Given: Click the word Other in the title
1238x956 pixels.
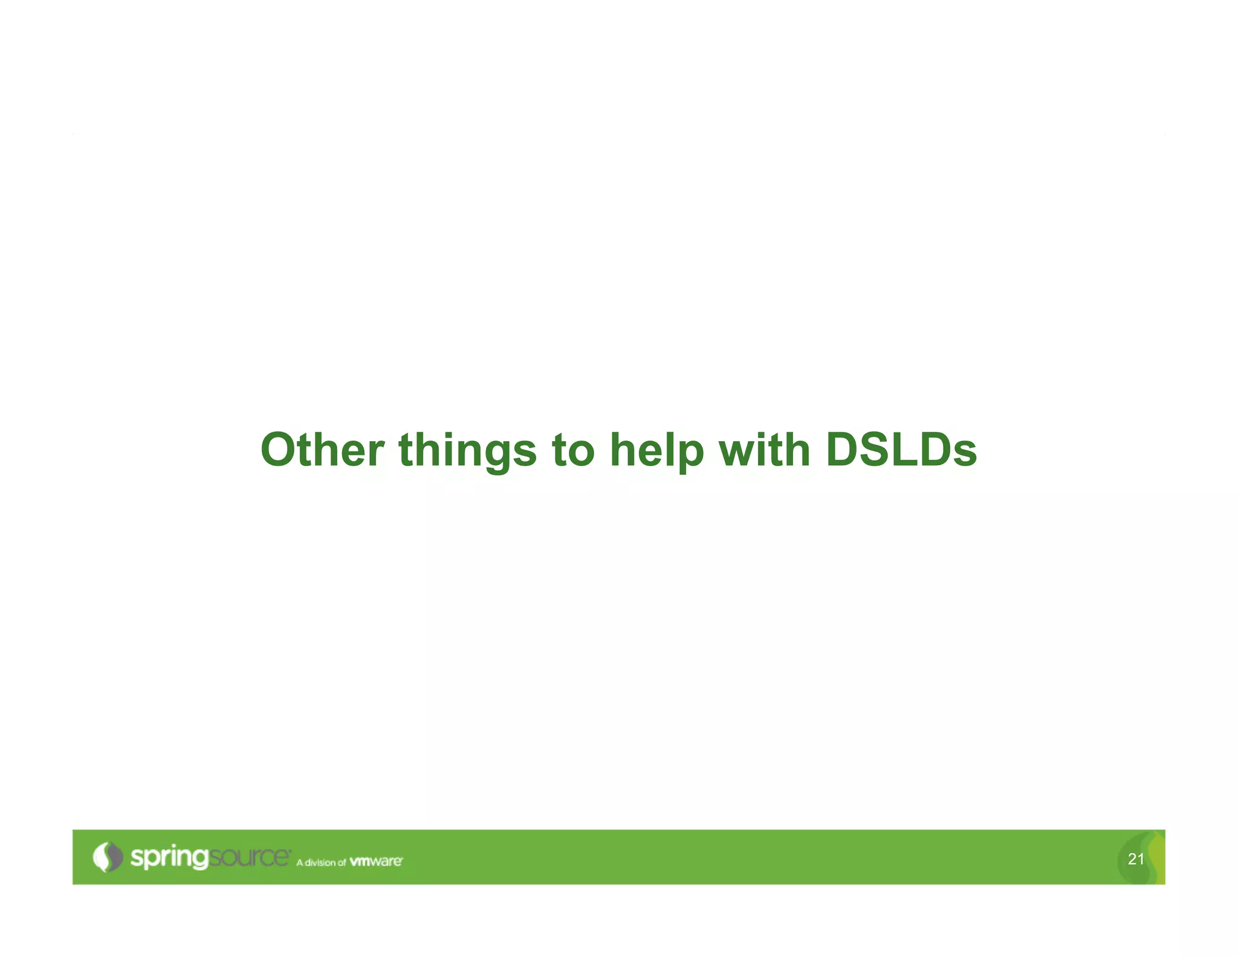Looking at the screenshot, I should pyautogui.click(x=322, y=450).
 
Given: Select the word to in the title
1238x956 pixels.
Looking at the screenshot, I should pyautogui.click(x=573, y=451).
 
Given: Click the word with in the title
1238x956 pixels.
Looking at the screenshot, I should pyautogui.click(x=764, y=450).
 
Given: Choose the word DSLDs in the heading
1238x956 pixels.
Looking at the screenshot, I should pyautogui.click(x=901, y=450).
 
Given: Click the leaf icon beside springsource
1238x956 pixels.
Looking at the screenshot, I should pyautogui.click(x=107, y=857).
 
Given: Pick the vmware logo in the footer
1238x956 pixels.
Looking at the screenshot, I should pyautogui.click(x=376, y=861).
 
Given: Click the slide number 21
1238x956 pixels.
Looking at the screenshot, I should pyautogui.click(x=1135, y=859).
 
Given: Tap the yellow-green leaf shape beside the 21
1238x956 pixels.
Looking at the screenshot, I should pyautogui.click(x=1155, y=856).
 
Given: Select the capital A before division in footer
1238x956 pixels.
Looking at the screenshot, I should pyautogui.click(x=299, y=862).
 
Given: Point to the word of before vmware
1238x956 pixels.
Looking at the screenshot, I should pyautogui.click(x=342, y=862).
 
